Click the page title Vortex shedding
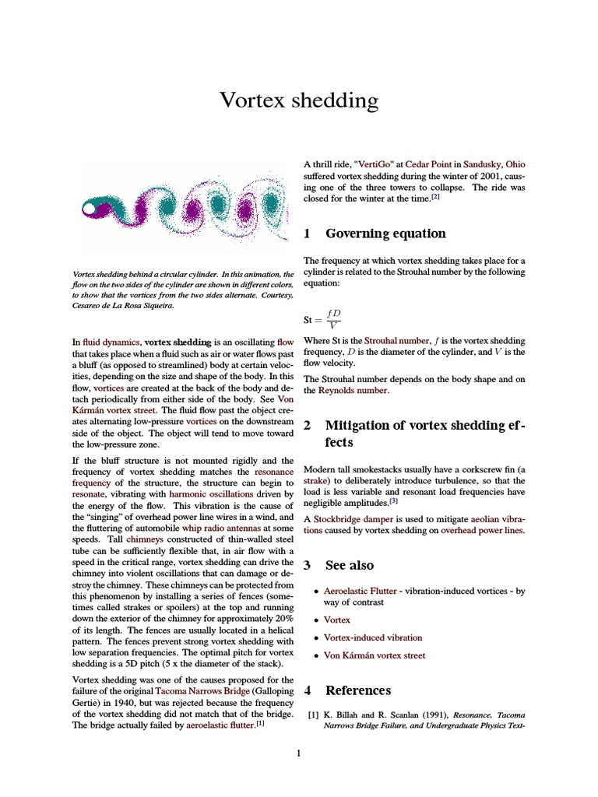click(x=299, y=100)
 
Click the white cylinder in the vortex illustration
click(x=92, y=209)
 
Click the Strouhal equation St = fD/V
click(x=322, y=319)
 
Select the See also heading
click(x=349, y=565)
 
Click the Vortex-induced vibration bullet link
click(x=373, y=637)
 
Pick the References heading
click(x=358, y=690)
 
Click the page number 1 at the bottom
click(x=298, y=753)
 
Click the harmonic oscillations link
click(x=217, y=493)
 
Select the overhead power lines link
click(x=482, y=530)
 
